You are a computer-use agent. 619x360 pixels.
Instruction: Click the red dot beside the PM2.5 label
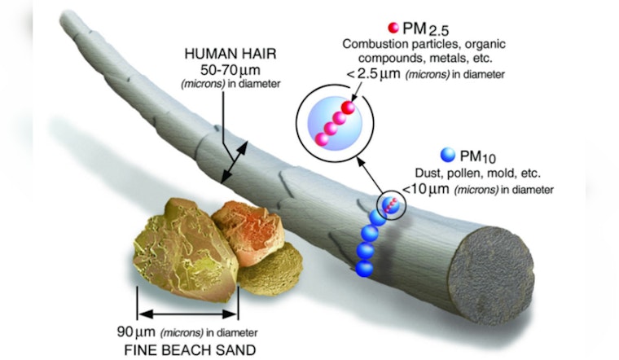(393, 28)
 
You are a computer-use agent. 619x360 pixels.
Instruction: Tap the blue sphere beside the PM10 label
(448, 155)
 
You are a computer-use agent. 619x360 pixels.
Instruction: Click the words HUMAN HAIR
(230, 54)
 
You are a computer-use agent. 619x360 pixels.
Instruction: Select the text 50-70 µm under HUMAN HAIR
(230, 70)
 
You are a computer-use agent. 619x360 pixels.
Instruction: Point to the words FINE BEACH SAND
(190, 350)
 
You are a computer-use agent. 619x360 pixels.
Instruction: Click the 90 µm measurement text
(136, 332)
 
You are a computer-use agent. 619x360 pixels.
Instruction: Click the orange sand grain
(248, 230)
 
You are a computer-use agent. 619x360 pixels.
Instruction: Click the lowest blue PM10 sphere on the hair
(364, 269)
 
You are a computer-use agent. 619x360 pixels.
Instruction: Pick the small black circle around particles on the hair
(391, 205)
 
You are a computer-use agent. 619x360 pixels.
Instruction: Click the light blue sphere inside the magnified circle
(335, 123)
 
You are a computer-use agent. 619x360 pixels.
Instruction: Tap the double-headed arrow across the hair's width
(235, 162)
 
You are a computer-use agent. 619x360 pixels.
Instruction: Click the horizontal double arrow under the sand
(187, 314)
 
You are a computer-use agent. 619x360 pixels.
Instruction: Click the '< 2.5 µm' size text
(373, 73)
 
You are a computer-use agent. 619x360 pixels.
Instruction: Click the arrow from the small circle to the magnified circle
(371, 177)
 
